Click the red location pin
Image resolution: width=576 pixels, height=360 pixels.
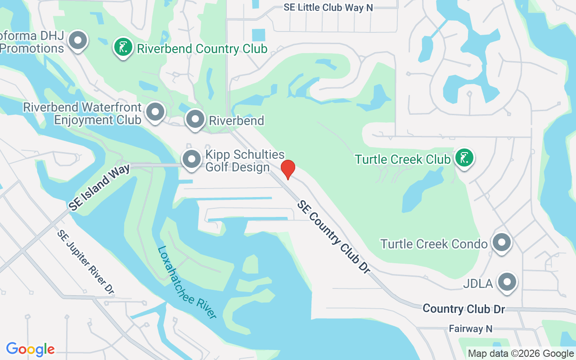pyautogui.click(x=288, y=169)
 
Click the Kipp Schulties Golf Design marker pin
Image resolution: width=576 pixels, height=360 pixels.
pyautogui.click(x=192, y=159)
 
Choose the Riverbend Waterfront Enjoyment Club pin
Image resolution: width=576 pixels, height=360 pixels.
pyautogui.click(x=156, y=111)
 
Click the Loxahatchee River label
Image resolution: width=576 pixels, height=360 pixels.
pyautogui.click(x=187, y=282)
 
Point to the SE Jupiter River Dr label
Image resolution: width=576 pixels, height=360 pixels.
pyautogui.click(x=86, y=262)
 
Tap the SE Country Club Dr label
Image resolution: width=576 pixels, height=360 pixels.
pyautogui.click(x=333, y=237)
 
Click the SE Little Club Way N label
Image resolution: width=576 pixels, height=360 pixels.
pyautogui.click(x=328, y=8)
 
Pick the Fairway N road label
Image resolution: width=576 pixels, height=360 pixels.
pyautogui.click(x=470, y=329)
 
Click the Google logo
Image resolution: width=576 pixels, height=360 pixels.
pyautogui.click(x=30, y=349)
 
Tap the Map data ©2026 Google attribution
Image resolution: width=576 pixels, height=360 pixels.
pyautogui.click(x=521, y=354)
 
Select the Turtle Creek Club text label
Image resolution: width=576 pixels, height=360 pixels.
pyautogui.click(x=402, y=159)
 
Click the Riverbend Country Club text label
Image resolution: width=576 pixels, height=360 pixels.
pyautogui.click(x=202, y=49)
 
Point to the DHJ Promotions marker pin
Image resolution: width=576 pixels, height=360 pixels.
pyautogui.click(x=78, y=40)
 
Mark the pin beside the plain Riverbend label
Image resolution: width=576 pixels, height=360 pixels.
pyautogui.click(x=195, y=119)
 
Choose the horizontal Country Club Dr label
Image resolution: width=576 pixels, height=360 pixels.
pyautogui.click(x=463, y=309)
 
